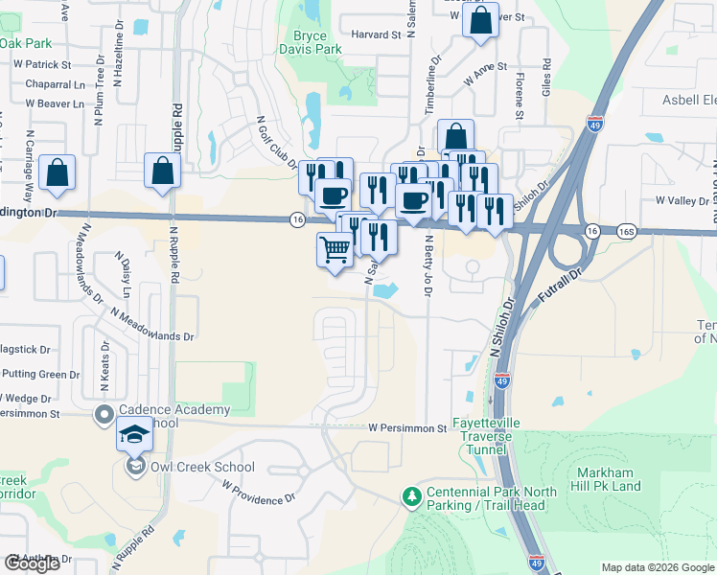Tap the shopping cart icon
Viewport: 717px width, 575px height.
(x=335, y=249)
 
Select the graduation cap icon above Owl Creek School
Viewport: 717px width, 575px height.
(x=135, y=435)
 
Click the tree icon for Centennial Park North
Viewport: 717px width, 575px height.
(x=412, y=496)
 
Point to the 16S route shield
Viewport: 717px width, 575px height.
(x=627, y=231)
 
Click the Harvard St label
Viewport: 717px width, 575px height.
(x=376, y=34)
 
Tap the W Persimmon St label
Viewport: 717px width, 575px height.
(x=407, y=428)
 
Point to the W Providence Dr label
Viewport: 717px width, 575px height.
(x=258, y=493)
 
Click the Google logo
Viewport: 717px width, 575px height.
(x=32, y=563)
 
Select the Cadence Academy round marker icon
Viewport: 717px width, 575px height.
(x=104, y=416)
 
